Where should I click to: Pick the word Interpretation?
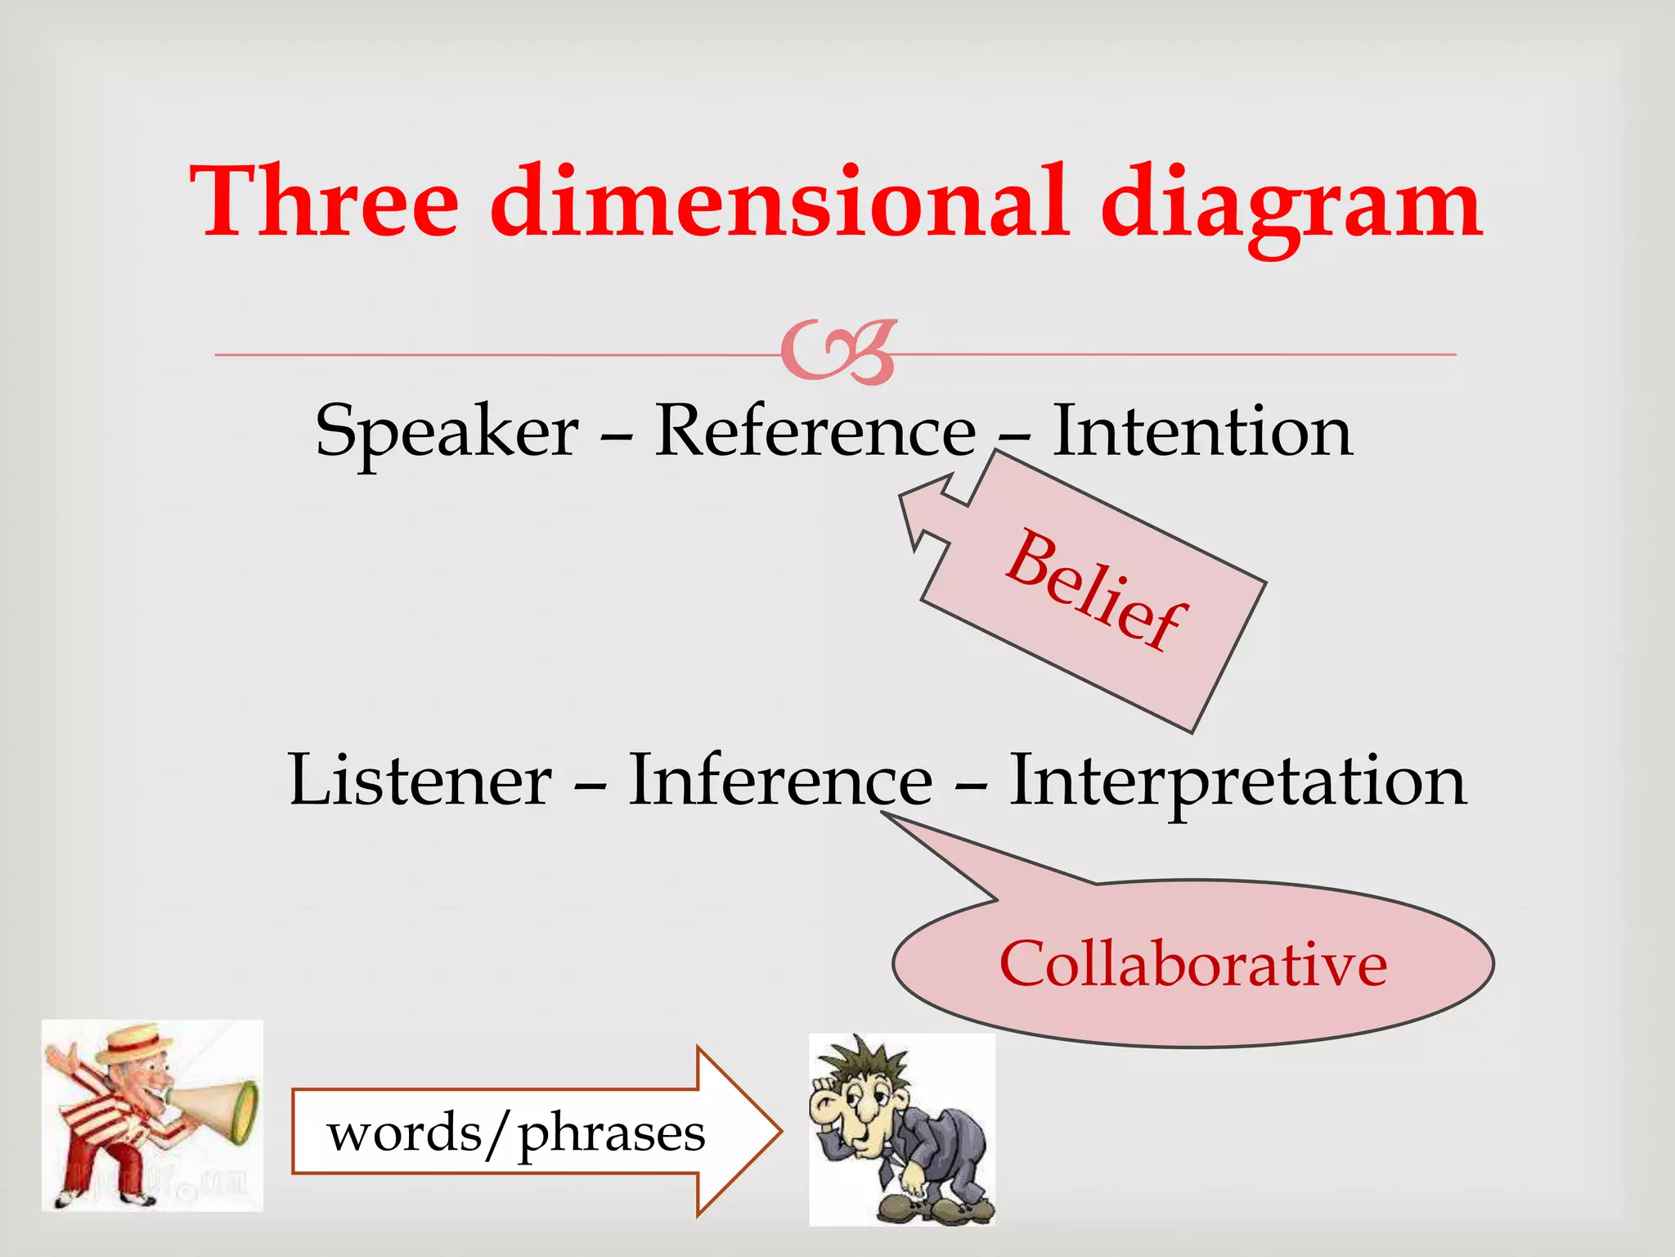1237,782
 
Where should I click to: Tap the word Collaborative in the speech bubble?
1192,964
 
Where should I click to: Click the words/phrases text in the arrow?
515,1133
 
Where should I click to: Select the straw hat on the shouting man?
135,1043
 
